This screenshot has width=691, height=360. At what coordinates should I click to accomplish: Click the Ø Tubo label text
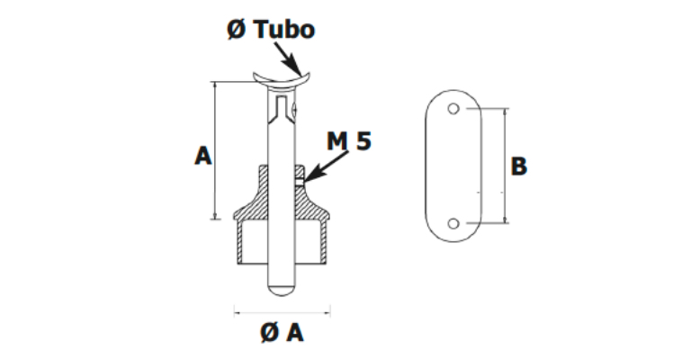tap(270, 30)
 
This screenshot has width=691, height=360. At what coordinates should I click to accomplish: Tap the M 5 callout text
tap(348, 141)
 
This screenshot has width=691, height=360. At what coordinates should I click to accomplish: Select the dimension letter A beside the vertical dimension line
tap(202, 156)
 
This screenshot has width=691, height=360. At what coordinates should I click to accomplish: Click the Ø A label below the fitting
tap(282, 333)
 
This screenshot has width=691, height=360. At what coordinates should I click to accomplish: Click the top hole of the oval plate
tap(454, 110)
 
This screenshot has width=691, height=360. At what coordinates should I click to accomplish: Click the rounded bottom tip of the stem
tap(282, 290)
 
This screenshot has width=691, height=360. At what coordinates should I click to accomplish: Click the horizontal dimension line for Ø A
tap(282, 312)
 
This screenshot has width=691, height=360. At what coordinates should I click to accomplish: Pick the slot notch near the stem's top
tap(283, 112)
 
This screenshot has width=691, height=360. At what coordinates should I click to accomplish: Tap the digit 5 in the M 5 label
tap(363, 141)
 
